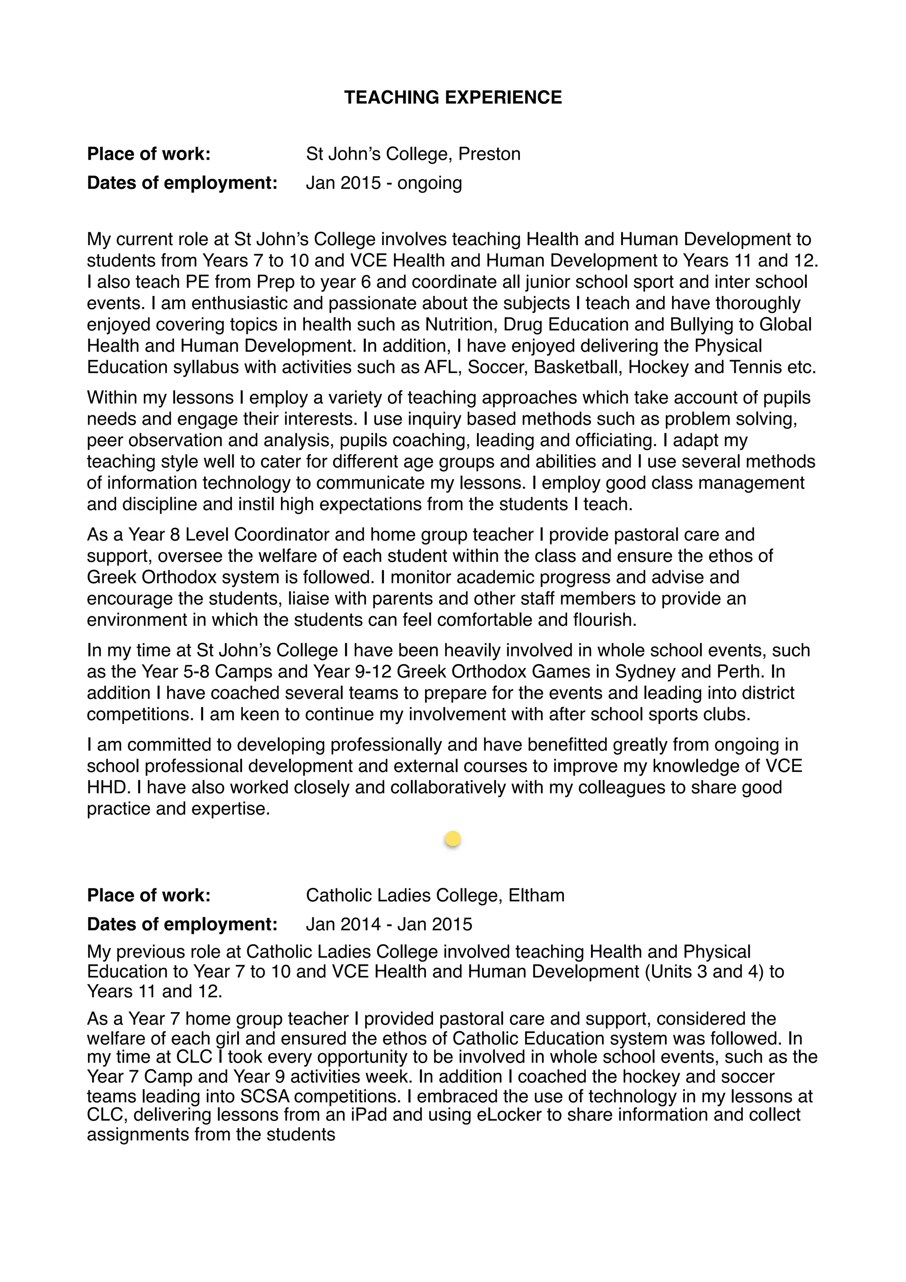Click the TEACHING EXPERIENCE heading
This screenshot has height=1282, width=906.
tap(453, 97)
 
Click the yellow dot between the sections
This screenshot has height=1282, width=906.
tap(453, 839)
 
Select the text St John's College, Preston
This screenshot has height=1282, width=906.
tap(413, 154)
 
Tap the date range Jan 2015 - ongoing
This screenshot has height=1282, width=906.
tap(384, 183)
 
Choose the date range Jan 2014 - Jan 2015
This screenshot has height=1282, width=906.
tap(388, 924)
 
